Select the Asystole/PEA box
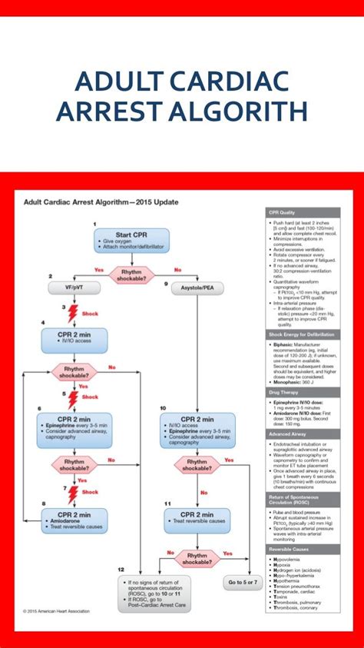pos(199,288)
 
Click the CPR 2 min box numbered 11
pos(199,517)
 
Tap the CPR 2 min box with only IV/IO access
pos(74,340)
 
